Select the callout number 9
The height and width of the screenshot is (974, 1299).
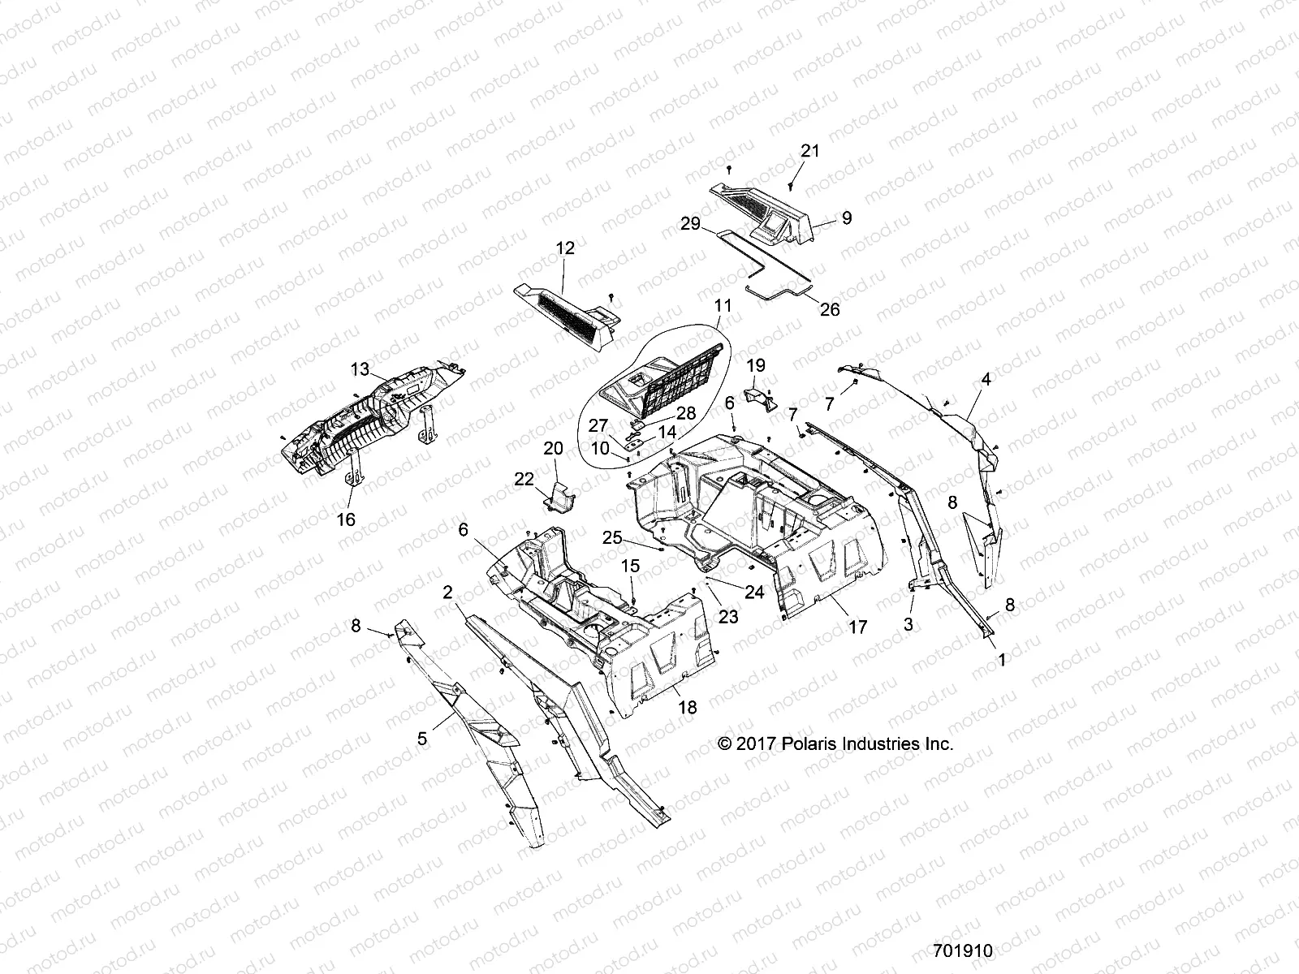847,218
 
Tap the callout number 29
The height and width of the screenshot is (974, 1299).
691,225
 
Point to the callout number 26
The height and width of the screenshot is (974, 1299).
830,309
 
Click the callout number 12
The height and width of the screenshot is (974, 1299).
565,248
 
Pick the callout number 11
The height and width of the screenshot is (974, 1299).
723,306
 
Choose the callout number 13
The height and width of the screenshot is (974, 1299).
360,369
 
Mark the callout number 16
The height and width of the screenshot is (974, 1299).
347,519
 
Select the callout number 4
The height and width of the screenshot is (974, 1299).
986,379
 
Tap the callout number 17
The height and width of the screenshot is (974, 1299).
857,627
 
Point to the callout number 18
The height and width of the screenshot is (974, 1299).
687,708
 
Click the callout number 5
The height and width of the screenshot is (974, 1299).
422,739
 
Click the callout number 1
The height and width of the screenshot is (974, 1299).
1001,661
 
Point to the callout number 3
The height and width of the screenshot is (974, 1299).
908,624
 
